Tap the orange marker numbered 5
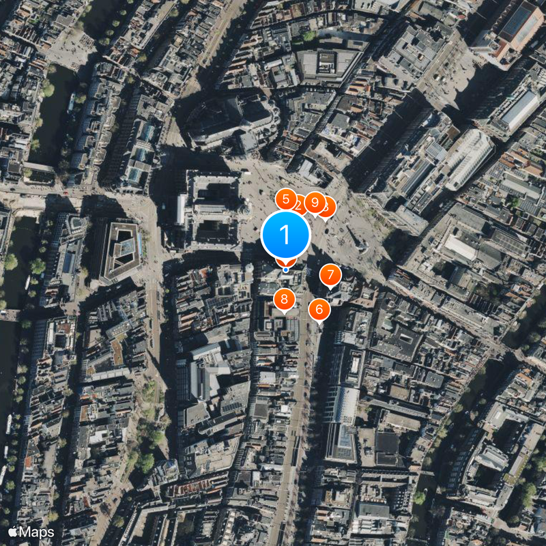pos(285,199)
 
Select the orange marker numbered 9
pos(315,201)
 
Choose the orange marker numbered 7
pos(330,275)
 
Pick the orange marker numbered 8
pos(284,299)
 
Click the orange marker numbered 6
pos(319,309)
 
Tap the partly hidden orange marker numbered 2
pos(299,203)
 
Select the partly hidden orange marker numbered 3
pos(328,207)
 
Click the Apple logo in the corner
pos(13,532)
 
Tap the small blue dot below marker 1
pos(286,270)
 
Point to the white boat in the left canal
pos(72,102)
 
